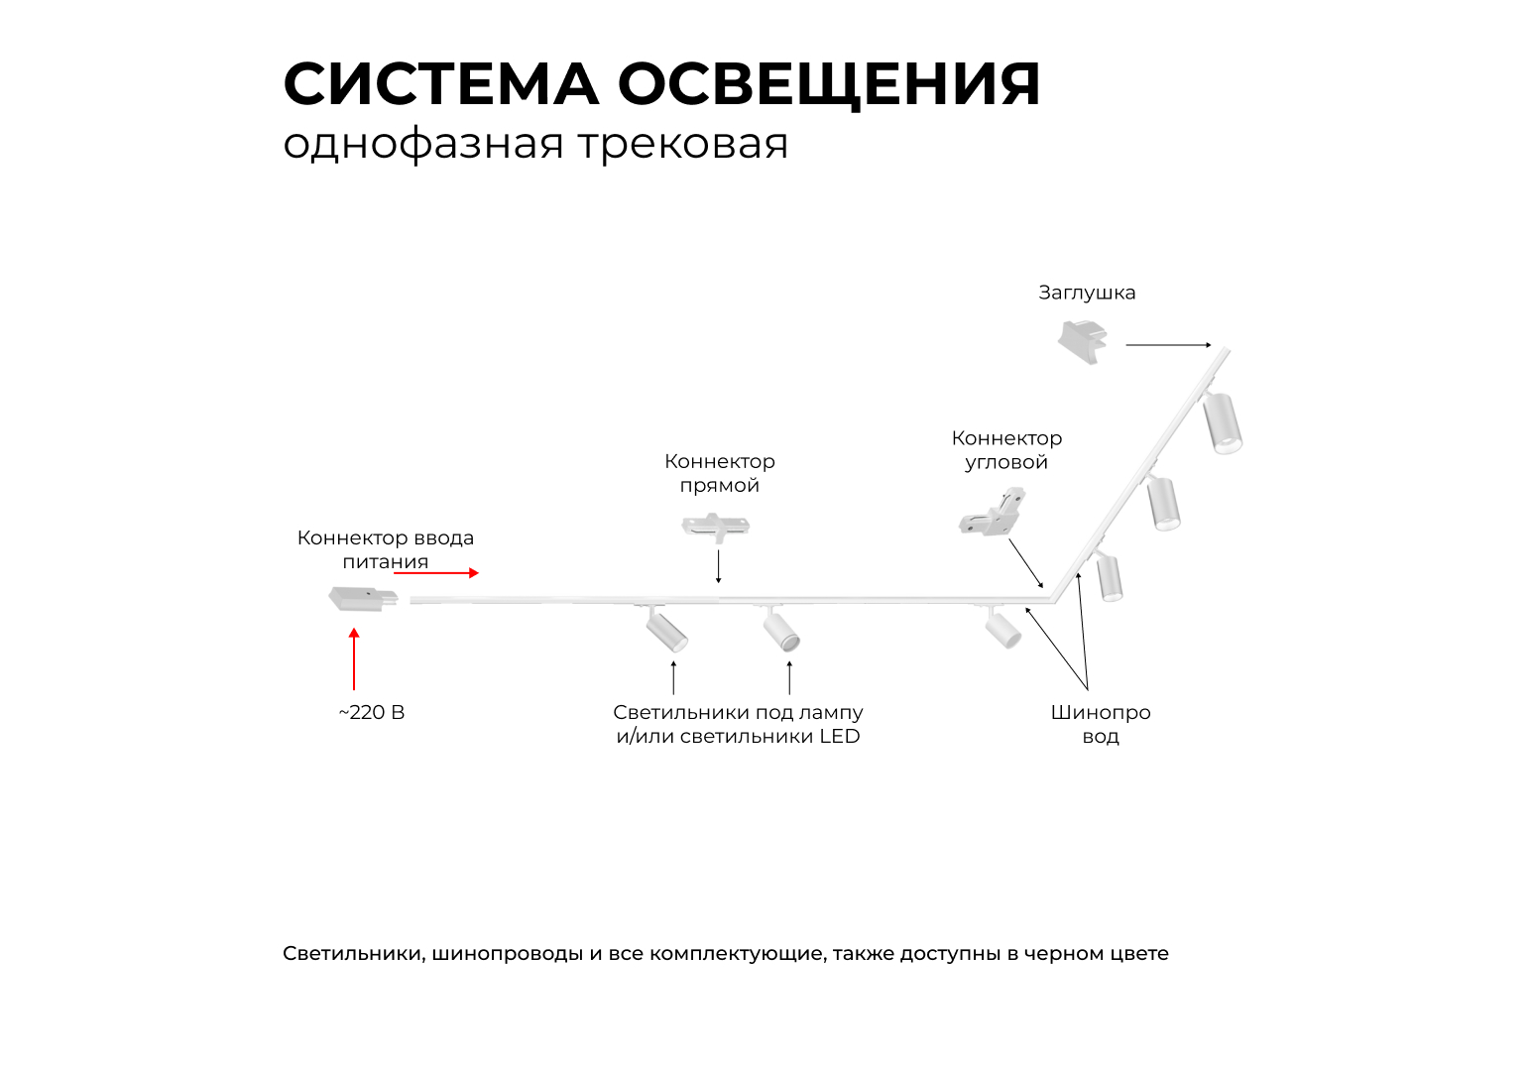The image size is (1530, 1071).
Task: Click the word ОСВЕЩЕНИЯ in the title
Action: coord(829,84)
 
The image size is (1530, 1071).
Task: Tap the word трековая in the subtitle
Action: coord(683,144)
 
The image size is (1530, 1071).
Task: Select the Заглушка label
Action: coord(1087,293)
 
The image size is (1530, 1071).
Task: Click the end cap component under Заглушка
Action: coord(1082,340)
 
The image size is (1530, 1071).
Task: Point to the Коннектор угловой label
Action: coord(1006,450)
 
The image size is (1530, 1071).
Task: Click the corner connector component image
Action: coord(993,513)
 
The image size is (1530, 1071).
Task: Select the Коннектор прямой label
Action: coord(720,473)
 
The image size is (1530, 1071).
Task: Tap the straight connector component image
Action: coord(715,526)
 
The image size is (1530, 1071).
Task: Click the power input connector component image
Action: coord(363,598)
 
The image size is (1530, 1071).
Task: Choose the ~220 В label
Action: coord(372,713)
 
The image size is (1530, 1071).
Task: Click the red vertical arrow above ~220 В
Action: coord(354,658)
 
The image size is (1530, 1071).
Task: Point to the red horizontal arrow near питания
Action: coord(437,572)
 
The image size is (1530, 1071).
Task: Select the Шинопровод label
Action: coord(1101,724)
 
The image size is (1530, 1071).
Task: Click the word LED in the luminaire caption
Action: coord(839,737)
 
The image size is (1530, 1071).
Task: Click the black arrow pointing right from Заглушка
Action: coord(1168,345)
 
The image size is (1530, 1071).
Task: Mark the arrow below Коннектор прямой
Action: coord(719,566)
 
